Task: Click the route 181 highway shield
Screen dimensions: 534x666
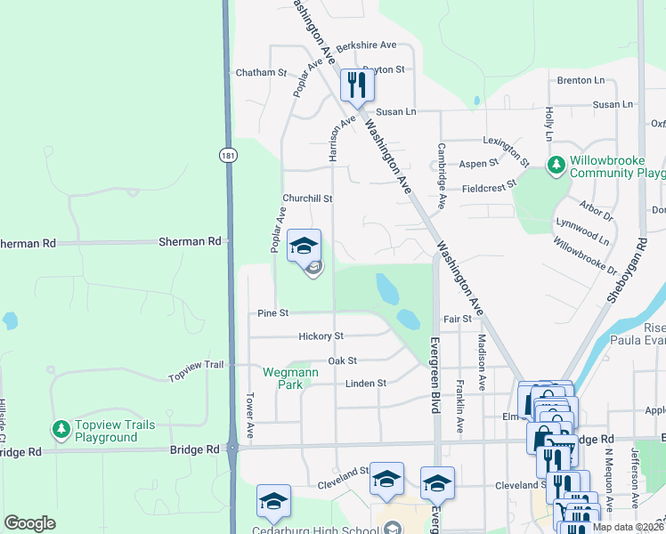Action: click(228, 155)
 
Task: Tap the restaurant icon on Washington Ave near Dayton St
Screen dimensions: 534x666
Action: click(356, 85)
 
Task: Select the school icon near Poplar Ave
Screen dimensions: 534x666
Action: click(304, 246)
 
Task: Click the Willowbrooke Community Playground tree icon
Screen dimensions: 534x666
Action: click(556, 165)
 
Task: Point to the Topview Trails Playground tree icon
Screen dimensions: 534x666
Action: click(61, 430)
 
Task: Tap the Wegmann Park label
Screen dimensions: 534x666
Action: click(283, 378)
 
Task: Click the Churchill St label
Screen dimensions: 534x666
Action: click(307, 198)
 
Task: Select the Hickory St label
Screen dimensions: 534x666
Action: click(321, 336)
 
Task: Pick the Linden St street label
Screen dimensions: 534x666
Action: click(365, 384)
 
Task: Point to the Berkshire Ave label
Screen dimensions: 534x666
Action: click(366, 44)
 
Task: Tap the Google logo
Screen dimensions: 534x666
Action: click(29, 522)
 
